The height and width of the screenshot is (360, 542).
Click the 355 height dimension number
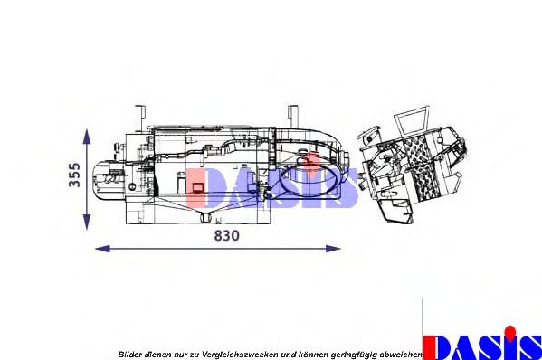75,174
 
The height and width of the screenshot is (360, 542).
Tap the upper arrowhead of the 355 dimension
86,135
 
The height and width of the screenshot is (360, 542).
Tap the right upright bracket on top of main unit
291,117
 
